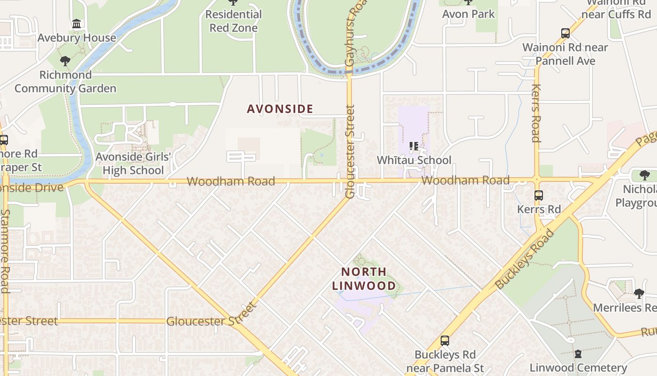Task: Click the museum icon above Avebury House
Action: pyautogui.click(x=76, y=23)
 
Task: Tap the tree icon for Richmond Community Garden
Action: pyautogui.click(x=65, y=61)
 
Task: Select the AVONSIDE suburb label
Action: pyautogui.click(x=280, y=109)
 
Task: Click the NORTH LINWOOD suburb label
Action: pyautogui.click(x=364, y=279)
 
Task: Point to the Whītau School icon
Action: pyautogui.click(x=414, y=146)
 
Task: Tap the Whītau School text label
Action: pyautogui.click(x=414, y=160)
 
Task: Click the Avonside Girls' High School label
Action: pyautogui.click(x=133, y=163)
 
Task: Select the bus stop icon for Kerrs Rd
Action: pyautogui.click(x=539, y=195)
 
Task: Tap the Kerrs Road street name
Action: pyautogui.click(x=536, y=113)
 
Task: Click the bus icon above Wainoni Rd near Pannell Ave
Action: pyautogui.click(x=565, y=33)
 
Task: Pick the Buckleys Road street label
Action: pyautogui.click(x=525, y=259)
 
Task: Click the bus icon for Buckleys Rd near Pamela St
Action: pyautogui.click(x=444, y=341)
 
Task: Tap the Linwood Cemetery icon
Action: pyautogui.click(x=578, y=354)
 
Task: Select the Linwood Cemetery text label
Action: pyautogui.click(x=578, y=368)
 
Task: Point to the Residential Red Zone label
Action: pyautogui.click(x=233, y=21)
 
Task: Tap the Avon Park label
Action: pyautogui.click(x=468, y=14)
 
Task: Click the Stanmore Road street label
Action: pyautogui.click(x=5, y=251)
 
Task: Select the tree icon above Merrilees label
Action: pyautogui.click(x=639, y=294)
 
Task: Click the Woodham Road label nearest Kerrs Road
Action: pyautogui.click(x=465, y=180)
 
